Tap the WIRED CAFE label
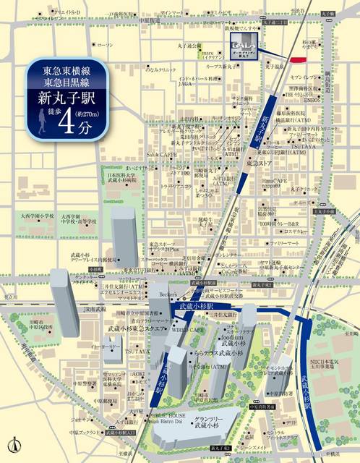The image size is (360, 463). [188, 328]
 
